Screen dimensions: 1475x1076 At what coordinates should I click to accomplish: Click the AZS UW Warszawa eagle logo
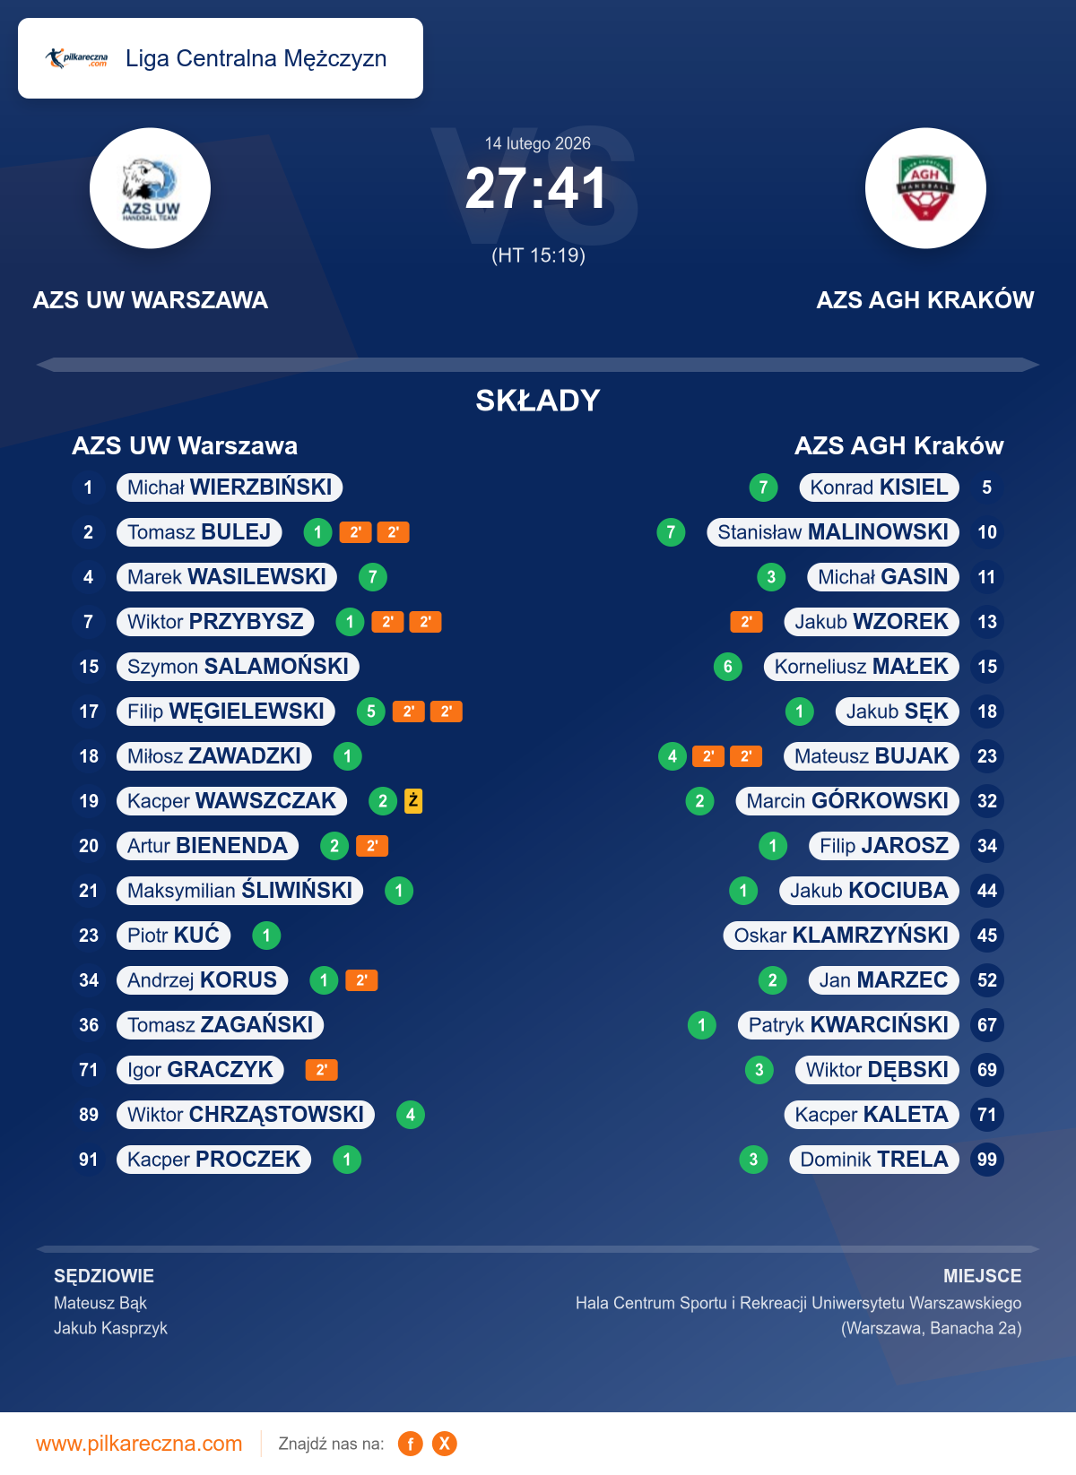(150, 188)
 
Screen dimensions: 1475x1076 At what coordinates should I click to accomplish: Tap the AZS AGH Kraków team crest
(925, 188)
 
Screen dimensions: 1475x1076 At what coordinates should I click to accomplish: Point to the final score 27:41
(536, 189)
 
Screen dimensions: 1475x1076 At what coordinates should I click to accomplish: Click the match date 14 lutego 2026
(537, 143)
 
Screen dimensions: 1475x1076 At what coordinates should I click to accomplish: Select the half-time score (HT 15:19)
(538, 255)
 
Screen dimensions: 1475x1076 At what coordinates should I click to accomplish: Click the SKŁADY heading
(537, 401)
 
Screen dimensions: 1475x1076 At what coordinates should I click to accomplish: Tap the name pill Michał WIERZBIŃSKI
(230, 487)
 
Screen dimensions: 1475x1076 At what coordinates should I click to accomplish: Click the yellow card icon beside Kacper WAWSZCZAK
(413, 800)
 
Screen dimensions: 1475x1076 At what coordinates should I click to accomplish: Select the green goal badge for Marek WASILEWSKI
(373, 577)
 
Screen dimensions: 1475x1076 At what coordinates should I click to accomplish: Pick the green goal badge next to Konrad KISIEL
(763, 487)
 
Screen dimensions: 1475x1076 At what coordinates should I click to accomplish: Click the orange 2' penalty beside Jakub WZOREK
(746, 622)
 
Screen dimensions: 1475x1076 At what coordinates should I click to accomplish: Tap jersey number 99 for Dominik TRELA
(986, 1160)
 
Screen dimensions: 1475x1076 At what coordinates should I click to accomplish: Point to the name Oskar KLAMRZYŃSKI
(841, 936)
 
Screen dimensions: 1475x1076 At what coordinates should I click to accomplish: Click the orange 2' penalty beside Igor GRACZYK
(321, 1070)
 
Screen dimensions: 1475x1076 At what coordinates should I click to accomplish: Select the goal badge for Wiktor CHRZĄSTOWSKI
(411, 1115)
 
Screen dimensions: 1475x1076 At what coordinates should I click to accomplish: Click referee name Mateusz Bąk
(100, 1303)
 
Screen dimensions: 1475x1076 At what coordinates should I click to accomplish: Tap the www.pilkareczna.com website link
(139, 1444)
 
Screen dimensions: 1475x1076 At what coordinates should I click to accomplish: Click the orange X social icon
(444, 1444)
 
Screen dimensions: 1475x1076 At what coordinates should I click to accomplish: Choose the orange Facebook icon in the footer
(411, 1444)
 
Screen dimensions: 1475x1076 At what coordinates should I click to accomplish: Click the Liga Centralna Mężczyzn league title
(256, 58)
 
